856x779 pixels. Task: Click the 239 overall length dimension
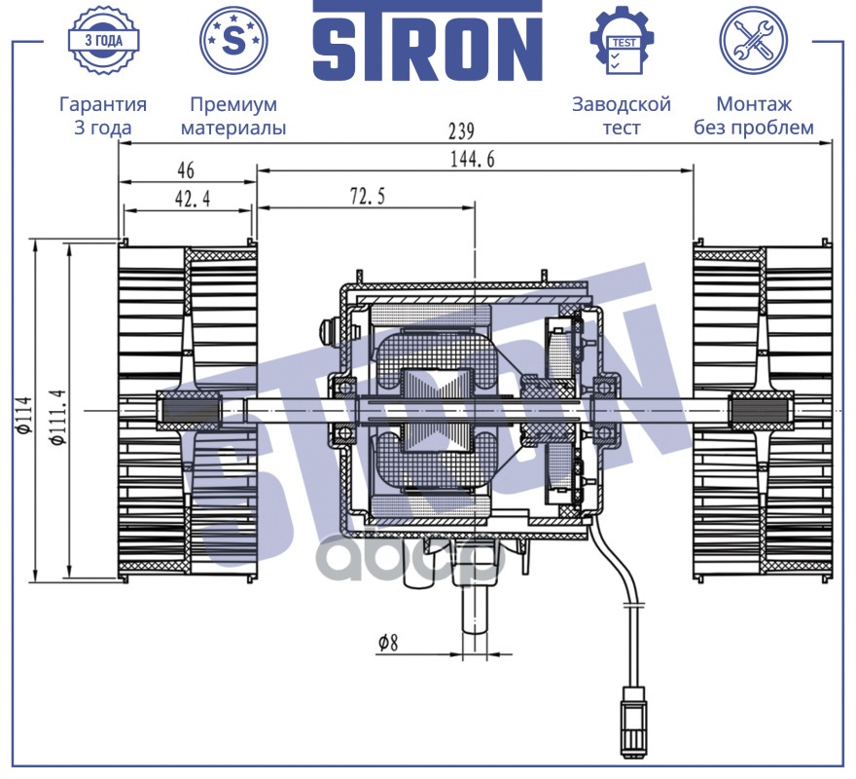point(461,131)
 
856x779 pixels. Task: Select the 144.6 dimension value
point(473,159)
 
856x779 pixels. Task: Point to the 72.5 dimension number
point(368,196)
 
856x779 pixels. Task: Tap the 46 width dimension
point(186,170)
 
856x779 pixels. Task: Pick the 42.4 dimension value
point(193,199)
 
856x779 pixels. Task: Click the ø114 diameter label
point(25,415)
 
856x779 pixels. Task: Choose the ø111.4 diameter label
point(58,417)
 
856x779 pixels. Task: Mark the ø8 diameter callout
point(388,643)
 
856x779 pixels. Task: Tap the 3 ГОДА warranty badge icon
point(103,40)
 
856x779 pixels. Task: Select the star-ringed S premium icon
point(233,41)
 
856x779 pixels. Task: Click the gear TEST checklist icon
point(623,41)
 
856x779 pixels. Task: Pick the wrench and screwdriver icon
point(753,41)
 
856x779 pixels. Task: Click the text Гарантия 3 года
point(103,115)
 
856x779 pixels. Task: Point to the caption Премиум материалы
point(233,115)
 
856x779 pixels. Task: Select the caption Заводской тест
point(622,115)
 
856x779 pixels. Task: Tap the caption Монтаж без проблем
point(753,115)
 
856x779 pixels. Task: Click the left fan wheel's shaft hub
point(189,411)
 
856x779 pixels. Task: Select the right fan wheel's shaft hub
point(762,411)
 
